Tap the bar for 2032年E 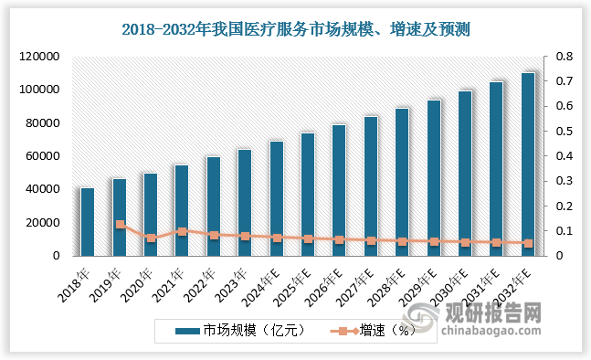point(527,164)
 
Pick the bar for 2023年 point(245,203)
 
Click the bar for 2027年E point(371,186)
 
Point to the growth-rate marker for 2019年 point(120,224)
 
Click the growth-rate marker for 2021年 point(182,231)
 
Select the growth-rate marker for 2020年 point(151,238)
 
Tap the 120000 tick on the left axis point(40,57)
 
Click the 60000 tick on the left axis point(43,156)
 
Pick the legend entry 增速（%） point(379,330)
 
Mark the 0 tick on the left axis point(56,256)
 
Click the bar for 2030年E point(465,174)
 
